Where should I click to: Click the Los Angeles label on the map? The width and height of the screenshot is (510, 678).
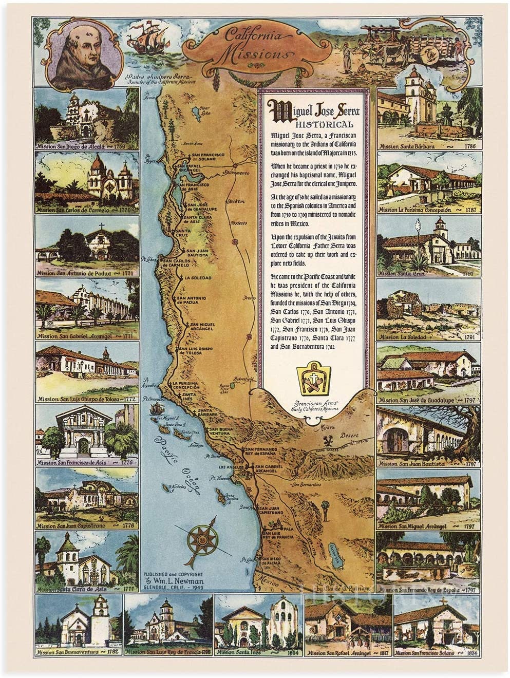(x=229, y=467)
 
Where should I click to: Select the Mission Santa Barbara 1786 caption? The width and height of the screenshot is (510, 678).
(x=427, y=146)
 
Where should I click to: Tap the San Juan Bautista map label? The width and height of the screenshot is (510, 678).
(x=195, y=253)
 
